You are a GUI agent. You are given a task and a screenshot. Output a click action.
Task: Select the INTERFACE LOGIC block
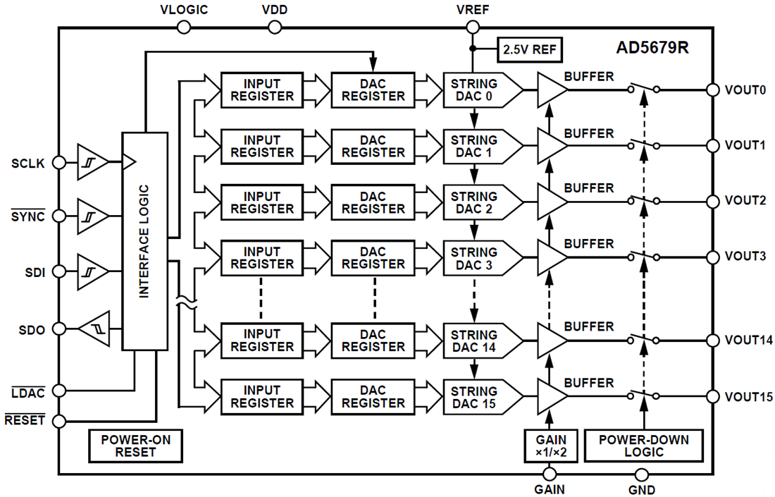pos(144,241)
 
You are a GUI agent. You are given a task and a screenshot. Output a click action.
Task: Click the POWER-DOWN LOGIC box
pos(643,446)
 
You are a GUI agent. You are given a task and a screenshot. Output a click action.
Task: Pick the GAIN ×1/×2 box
pos(551,446)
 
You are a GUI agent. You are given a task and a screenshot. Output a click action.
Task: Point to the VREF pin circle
pos(473,27)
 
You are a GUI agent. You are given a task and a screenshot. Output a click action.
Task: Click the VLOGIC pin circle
pos(184,27)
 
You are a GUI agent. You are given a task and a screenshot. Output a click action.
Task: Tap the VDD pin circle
pos(275,27)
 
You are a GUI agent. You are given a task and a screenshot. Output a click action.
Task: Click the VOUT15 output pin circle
pos(713,396)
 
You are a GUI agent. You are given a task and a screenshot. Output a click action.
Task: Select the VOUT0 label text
pos(745,90)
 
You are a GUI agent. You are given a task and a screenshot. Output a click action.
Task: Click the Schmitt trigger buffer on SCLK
pos(92,163)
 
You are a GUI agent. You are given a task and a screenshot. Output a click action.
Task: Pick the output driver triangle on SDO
pos(93,329)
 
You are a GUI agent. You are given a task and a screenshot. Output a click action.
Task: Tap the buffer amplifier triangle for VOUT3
pos(551,256)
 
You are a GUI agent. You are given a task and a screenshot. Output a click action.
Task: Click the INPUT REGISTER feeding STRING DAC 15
pos(261,396)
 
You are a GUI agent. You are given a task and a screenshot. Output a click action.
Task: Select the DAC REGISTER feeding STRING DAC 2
pos(372,202)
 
